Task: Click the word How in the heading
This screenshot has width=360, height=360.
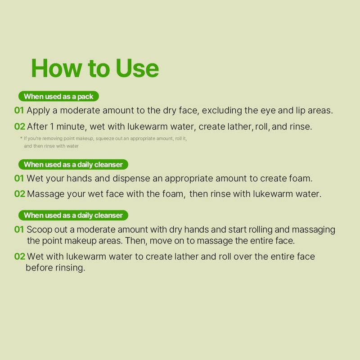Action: tap(57, 68)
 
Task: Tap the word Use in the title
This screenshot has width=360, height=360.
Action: tap(137, 68)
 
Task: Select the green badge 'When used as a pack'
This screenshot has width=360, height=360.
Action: tap(58, 96)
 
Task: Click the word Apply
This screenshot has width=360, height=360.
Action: tap(38, 111)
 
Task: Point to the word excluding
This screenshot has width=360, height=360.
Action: tap(222, 110)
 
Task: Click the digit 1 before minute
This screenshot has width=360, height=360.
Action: tap(52, 126)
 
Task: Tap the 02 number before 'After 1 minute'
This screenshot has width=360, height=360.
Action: tap(19, 126)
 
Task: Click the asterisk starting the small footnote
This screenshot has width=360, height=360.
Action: tap(21, 138)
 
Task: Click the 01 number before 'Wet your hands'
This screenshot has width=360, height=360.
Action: tap(19, 178)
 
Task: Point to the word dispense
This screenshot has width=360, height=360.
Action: tap(131, 179)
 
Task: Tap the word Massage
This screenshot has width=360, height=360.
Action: tap(45, 194)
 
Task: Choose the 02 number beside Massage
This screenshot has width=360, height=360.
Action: tap(19, 194)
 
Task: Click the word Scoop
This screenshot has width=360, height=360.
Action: tap(39, 230)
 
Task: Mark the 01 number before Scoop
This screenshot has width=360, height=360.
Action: tap(19, 229)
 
